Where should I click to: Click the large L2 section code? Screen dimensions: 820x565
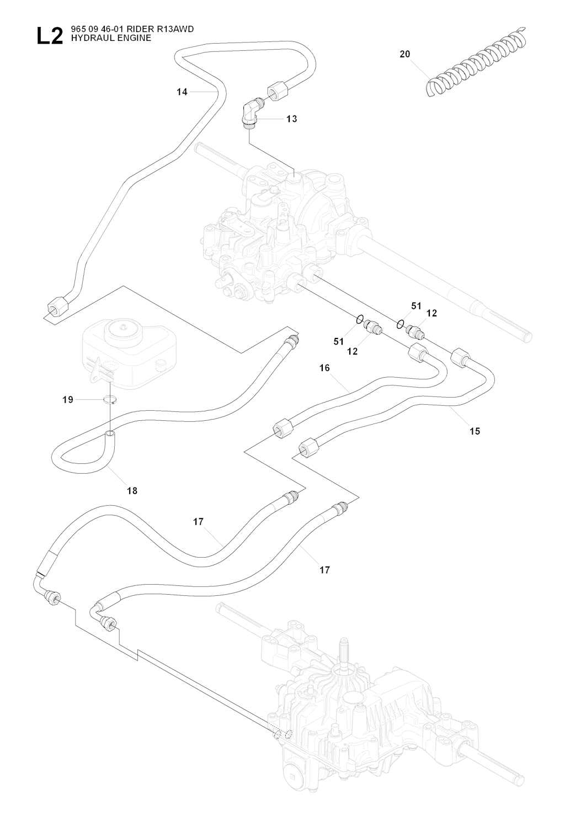49,37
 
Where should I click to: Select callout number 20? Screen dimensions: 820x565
405,54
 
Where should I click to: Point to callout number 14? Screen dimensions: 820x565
182,92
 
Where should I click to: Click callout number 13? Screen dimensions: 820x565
291,119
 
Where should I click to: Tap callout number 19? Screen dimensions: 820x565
68,400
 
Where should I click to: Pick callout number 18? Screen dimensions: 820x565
132,490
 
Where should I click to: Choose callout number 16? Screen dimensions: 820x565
324,367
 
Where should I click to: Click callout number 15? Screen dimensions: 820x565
475,431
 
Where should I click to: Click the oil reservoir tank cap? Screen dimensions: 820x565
121,329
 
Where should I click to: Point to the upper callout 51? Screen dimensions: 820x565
416,305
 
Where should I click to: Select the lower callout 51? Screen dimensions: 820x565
339,342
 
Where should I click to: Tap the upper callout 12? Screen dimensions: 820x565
431,313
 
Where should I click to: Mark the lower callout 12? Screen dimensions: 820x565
353,351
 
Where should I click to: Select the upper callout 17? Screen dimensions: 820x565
199,521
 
